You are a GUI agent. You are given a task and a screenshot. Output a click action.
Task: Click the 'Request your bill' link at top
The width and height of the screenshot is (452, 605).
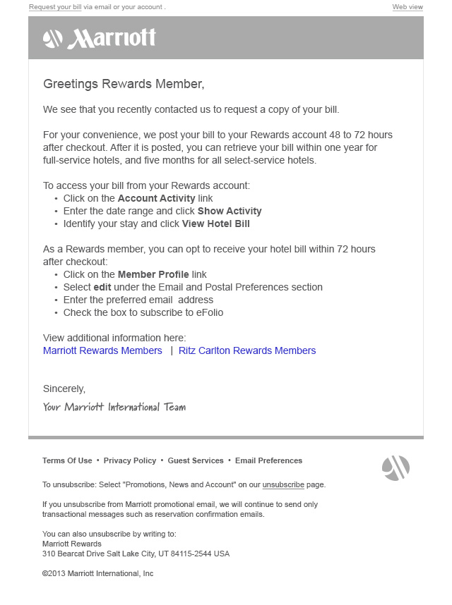point(55,7)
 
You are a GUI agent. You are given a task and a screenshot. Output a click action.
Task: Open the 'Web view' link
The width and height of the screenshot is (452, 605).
point(408,7)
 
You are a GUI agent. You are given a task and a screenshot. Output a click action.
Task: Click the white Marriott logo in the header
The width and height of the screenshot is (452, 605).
point(100,38)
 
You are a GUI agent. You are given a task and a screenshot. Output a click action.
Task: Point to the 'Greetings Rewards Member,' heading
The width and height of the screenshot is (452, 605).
point(124,84)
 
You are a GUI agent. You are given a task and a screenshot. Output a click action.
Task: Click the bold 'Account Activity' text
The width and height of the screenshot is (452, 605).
point(156,199)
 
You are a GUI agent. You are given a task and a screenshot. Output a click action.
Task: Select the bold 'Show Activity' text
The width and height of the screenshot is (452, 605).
point(230,212)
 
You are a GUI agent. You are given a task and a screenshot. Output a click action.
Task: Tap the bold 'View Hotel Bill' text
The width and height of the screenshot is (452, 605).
point(215,224)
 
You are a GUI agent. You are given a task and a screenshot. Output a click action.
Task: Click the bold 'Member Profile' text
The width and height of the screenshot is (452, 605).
point(153,275)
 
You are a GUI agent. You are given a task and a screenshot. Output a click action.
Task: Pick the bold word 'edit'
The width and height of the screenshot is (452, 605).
point(102,288)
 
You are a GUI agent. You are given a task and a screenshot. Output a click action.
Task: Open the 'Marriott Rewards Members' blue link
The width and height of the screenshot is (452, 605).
point(102,350)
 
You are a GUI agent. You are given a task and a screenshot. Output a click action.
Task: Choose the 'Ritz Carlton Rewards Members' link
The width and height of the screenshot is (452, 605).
point(247,350)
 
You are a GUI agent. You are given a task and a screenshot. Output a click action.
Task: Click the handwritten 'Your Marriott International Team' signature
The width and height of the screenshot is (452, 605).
point(114,407)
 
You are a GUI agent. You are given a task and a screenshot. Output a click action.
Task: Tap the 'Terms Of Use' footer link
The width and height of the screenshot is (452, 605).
point(67,460)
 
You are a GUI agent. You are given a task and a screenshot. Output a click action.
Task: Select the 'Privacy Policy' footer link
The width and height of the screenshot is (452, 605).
point(130,460)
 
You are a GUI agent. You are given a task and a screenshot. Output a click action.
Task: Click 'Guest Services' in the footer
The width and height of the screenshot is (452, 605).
point(196,460)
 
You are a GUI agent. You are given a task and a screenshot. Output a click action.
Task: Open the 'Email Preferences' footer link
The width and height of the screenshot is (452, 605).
point(268,460)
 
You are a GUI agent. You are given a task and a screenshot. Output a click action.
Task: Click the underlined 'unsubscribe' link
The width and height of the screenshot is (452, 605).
point(283,485)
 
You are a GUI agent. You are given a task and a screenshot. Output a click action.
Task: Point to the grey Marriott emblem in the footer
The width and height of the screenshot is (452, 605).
point(395,468)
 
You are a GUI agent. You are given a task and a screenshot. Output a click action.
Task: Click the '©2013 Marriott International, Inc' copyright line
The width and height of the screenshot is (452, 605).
point(97,574)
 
